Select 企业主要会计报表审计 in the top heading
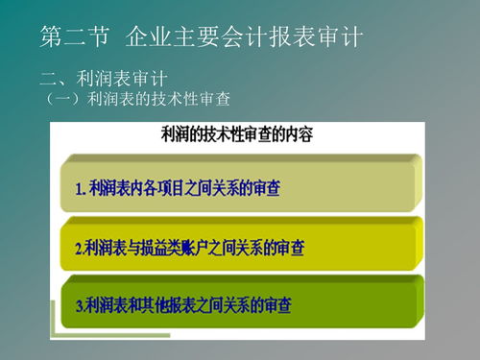pyautogui.click(x=244, y=38)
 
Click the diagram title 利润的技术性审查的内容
pyautogui.click(x=236, y=134)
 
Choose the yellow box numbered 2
pyautogui.click(x=239, y=247)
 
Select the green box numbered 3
pyautogui.click(x=239, y=306)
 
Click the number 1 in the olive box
pyautogui.click(x=79, y=188)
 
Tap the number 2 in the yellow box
pyautogui.click(x=79, y=248)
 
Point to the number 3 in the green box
pyautogui.click(x=79, y=307)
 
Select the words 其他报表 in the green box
pyautogui.click(x=171, y=307)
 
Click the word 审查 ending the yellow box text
pyautogui.click(x=289, y=248)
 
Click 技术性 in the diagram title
pyautogui.click(x=221, y=134)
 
